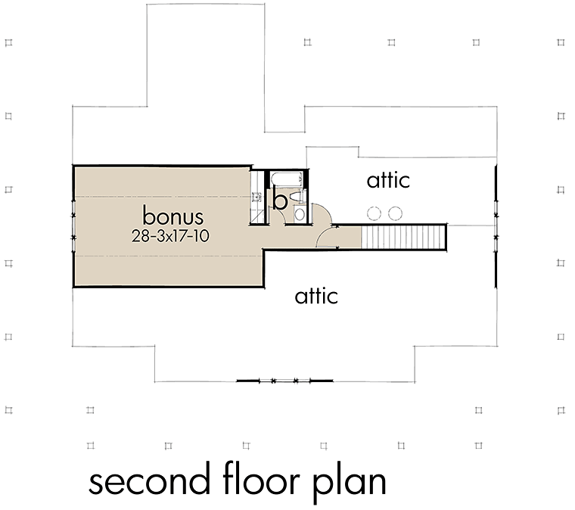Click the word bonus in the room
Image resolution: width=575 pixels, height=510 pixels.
[172, 216]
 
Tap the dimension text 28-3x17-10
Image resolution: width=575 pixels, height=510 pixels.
[170, 236]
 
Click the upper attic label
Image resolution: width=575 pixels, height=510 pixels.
[388, 180]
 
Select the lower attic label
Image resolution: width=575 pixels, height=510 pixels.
[316, 296]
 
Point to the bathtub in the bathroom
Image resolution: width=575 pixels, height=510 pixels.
[287, 179]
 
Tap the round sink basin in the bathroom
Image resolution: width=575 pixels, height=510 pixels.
[300, 214]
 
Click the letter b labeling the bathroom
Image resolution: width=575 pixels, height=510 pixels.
[280, 201]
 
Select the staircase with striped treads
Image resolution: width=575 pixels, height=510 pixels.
[403, 237]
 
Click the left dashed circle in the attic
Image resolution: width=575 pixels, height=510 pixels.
[374, 213]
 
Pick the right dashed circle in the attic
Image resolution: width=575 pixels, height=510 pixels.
[395, 213]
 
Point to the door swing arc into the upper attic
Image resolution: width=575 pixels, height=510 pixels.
[322, 214]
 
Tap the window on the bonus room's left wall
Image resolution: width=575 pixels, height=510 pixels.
[73, 226]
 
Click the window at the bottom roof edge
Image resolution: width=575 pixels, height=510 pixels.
[284, 381]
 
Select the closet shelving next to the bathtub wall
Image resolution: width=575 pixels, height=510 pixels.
[257, 197]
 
